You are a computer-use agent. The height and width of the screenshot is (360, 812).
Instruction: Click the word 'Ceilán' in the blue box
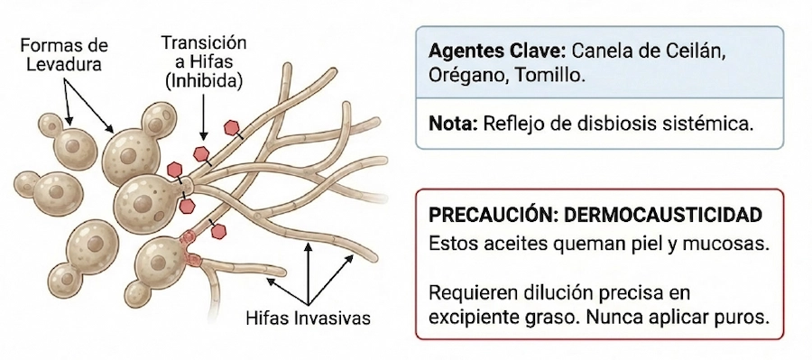(695, 51)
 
